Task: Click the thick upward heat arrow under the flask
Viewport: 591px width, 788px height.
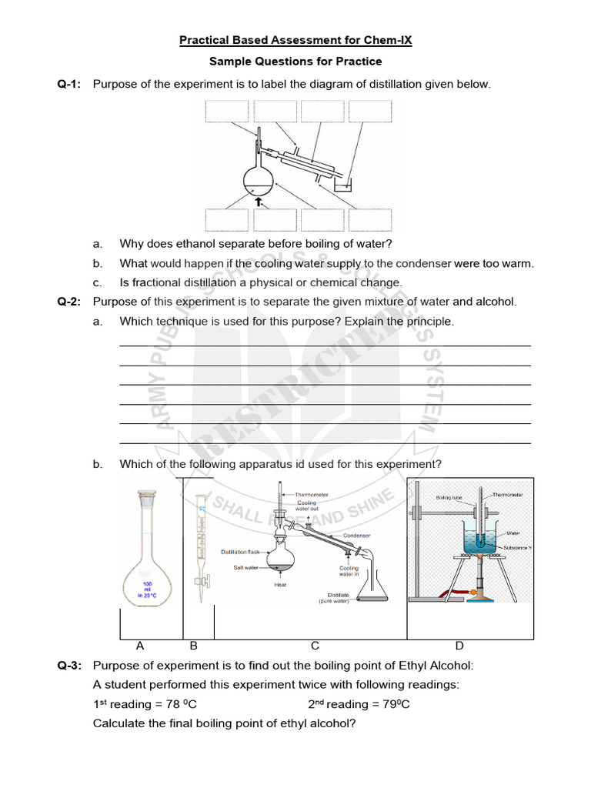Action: (259, 200)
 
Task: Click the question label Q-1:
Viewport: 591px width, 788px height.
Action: (69, 84)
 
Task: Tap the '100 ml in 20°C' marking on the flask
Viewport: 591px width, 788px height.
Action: (147, 589)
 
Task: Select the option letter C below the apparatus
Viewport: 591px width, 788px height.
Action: (315, 646)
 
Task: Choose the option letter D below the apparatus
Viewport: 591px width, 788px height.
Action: (459, 646)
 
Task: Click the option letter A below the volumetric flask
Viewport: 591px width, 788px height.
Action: (140, 646)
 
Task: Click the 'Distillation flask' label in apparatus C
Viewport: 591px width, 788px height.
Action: (242, 552)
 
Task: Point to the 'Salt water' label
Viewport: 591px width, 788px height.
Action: (245, 567)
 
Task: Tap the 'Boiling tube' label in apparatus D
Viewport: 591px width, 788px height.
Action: (449, 497)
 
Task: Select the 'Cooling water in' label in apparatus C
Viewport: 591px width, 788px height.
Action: (349, 572)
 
